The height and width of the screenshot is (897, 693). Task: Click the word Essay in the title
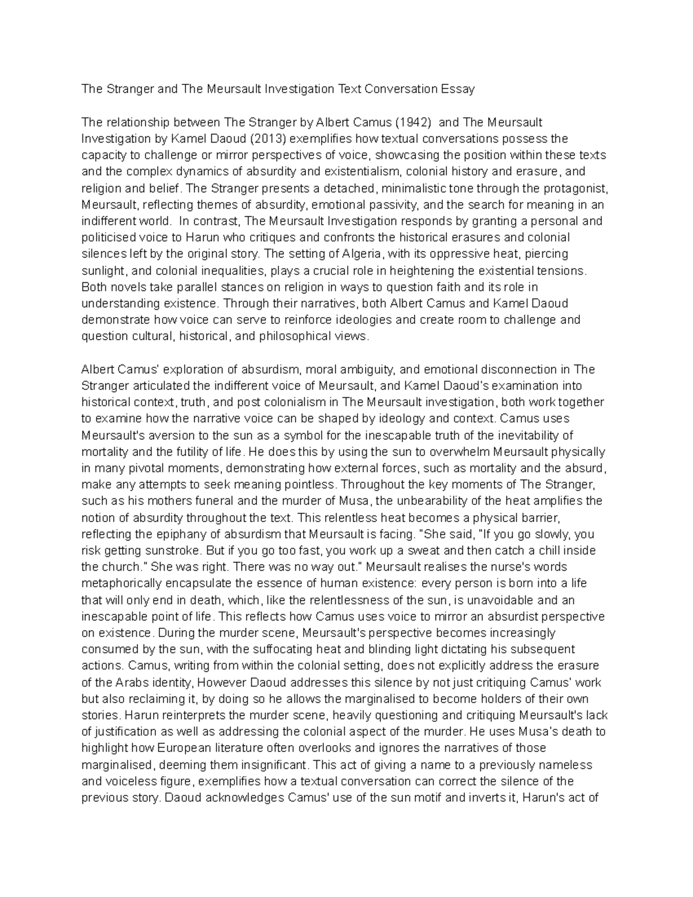click(x=458, y=89)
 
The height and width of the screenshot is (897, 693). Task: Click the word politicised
click(x=107, y=237)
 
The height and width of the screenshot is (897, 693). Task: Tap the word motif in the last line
click(x=407, y=798)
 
